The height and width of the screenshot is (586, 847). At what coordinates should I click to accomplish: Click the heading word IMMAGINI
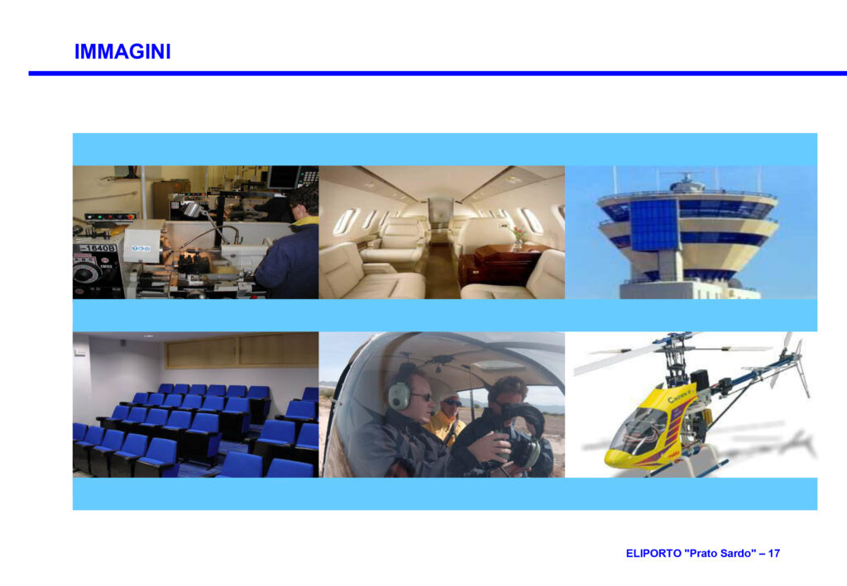(122, 52)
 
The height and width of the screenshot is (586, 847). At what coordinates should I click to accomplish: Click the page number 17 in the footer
(773, 553)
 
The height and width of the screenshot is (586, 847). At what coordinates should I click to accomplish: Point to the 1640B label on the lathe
(98, 248)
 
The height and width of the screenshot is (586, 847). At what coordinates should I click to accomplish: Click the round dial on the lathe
(87, 274)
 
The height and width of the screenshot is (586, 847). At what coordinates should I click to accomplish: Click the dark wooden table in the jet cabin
(500, 264)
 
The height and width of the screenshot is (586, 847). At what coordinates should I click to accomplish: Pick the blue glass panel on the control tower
(653, 225)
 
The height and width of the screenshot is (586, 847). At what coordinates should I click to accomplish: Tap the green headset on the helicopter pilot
(400, 394)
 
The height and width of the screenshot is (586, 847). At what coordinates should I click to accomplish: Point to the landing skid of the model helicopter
(686, 469)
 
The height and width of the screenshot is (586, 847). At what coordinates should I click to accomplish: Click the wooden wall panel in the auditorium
(242, 350)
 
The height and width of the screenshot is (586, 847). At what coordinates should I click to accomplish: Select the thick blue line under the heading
(438, 73)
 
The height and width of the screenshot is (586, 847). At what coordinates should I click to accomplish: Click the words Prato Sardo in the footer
(720, 553)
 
